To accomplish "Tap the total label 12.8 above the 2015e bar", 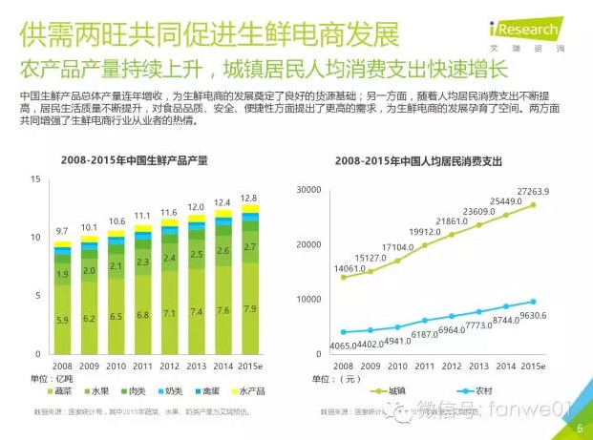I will click(249, 198).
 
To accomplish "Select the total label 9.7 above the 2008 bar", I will click(62, 231).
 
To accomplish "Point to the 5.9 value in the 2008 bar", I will click(62, 320).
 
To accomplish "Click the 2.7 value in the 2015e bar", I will click(249, 247).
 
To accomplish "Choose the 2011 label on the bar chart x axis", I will click(142, 366).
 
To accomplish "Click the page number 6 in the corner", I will click(580, 428).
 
